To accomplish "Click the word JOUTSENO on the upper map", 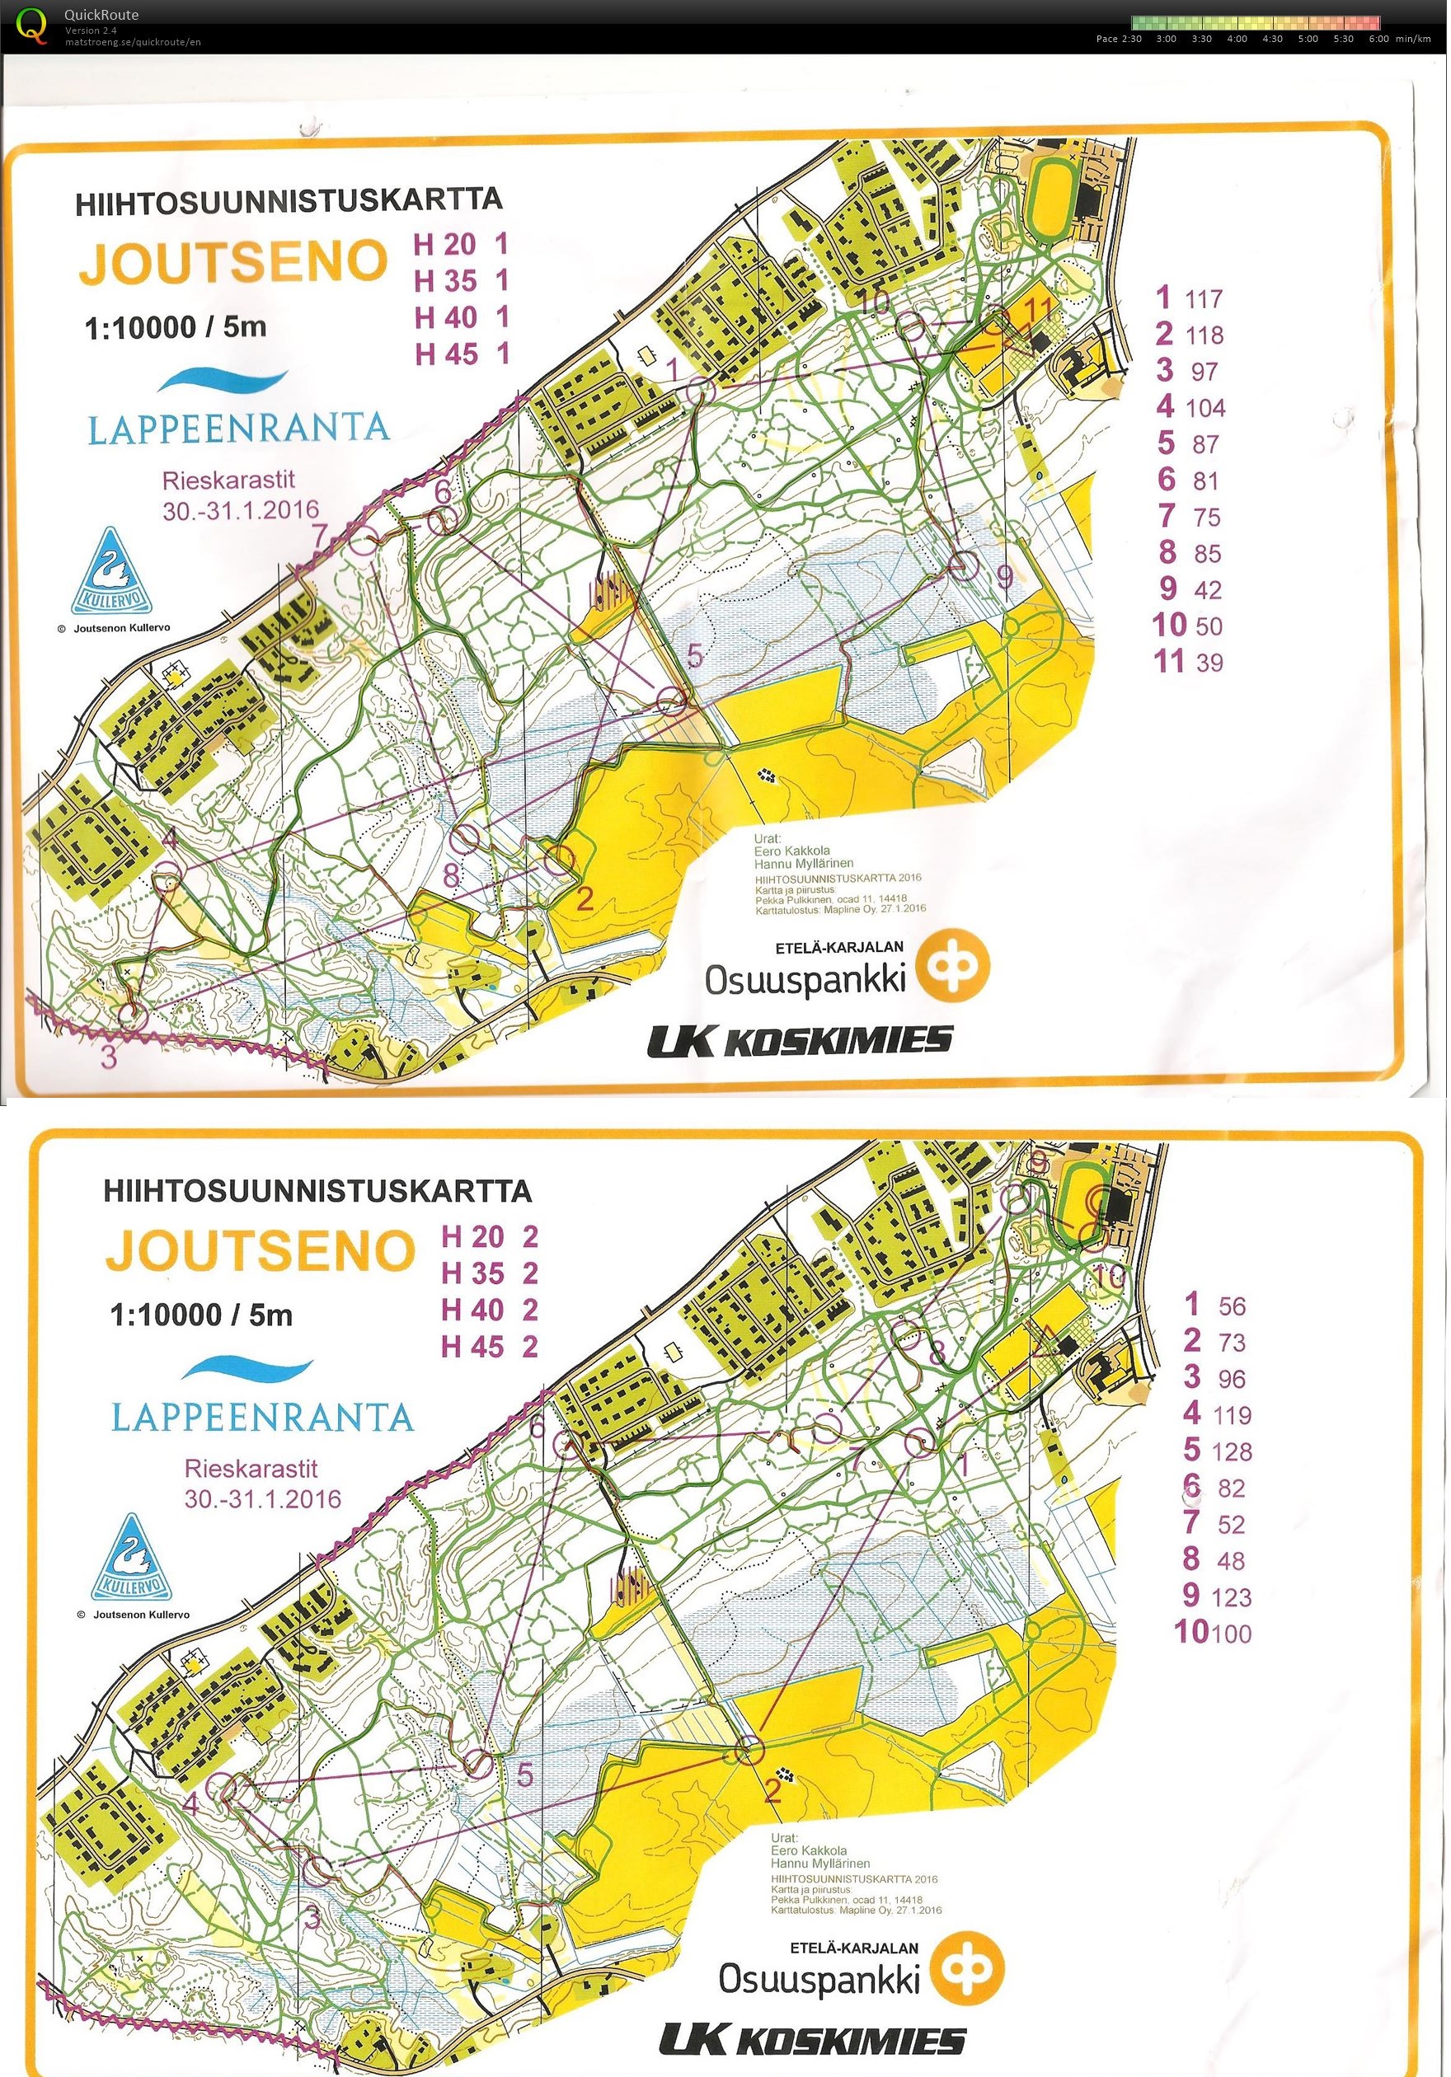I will [x=233, y=263].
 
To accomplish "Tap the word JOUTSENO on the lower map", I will [x=260, y=1251].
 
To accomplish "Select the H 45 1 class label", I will [x=462, y=354].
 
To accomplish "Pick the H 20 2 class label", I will [x=490, y=1236].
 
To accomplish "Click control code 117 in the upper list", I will [x=1203, y=299].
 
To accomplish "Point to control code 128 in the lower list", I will [x=1232, y=1452].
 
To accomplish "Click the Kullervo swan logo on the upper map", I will [x=112, y=572].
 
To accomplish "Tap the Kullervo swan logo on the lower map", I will [x=132, y=1558].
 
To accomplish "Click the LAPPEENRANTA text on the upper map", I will [x=239, y=428].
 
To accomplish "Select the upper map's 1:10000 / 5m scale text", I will [x=176, y=326].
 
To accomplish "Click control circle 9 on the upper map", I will [x=965, y=567].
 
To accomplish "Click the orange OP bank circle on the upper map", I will [x=952, y=967].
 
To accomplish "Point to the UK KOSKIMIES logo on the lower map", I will [x=812, y=2040].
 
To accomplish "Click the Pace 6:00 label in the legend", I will [x=1378, y=39].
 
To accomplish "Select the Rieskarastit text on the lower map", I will [x=251, y=1469].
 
